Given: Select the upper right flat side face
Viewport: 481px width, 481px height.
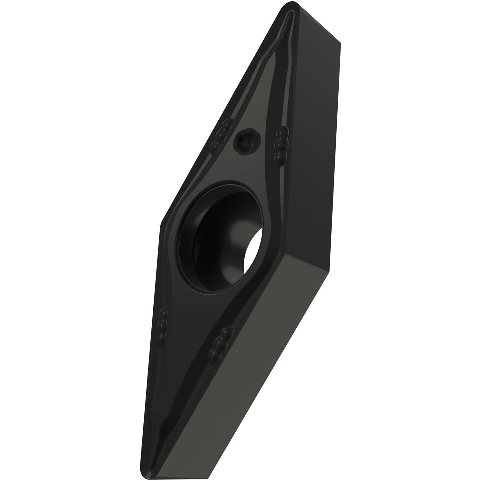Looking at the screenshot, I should [317, 128].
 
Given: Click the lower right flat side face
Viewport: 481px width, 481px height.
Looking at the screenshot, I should [257, 369].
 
